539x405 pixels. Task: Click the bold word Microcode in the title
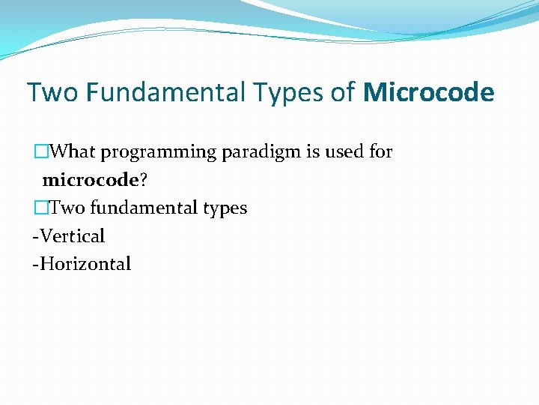(x=429, y=93)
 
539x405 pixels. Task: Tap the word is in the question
(x=313, y=151)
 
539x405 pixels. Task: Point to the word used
(x=345, y=151)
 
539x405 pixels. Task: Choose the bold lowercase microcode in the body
(x=91, y=180)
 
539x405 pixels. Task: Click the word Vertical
(x=72, y=236)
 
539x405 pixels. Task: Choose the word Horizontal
(x=85, y=264)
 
